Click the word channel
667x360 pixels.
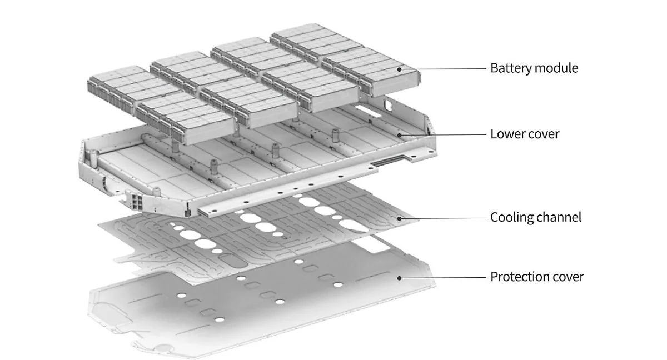pyautogui.click(x=556, y=217)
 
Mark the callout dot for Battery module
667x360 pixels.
pyautogui.click(x=399, y=69)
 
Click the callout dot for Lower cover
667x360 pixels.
pyautogui.click(x=399, y=135)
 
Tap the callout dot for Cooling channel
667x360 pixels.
pyautogui.click(x=399, y=218)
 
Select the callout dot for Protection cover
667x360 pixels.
pyautogui.click(x=399, y=278)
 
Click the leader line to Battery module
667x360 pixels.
pyautogui.click(x=444, y=69)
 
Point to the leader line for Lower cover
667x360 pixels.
pyautogui.click(x=444, y=135)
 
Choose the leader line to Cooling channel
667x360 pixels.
pyautogui.click(x=444, y=218)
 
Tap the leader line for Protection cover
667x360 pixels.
pyautogui.click(x=444, y=278)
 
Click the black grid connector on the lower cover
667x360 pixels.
pyautogui.click(x=137, y=202)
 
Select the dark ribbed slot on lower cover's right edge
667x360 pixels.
pyautogui.click(x=387, y=161)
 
